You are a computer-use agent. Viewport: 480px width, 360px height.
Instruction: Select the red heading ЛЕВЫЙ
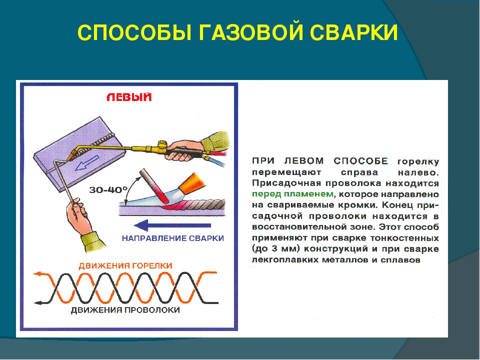click(129, 97)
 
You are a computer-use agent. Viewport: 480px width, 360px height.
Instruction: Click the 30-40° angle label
click(108, 190)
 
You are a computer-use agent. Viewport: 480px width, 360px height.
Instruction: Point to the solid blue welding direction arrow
click(172, 225)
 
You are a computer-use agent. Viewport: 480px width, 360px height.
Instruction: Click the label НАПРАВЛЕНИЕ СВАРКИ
click(173, 238)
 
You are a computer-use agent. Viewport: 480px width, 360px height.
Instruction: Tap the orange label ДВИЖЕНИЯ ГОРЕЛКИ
click(125, 265)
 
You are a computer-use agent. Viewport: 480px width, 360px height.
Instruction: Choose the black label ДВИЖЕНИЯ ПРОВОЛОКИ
click(125, 310)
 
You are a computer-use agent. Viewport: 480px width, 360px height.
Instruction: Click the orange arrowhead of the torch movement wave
click(37, 273)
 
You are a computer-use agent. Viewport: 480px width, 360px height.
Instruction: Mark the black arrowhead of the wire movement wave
click(38, 303)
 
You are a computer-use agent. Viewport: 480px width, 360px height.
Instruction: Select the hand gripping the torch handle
click(183, 149)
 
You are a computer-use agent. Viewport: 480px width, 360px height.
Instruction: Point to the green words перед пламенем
click(292, 194)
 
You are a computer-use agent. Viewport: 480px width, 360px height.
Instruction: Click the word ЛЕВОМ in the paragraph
click(304, 160)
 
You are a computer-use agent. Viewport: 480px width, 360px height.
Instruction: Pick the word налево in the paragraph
click(418, 172)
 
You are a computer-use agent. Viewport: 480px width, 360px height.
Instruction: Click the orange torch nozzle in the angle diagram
click(189, 183)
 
